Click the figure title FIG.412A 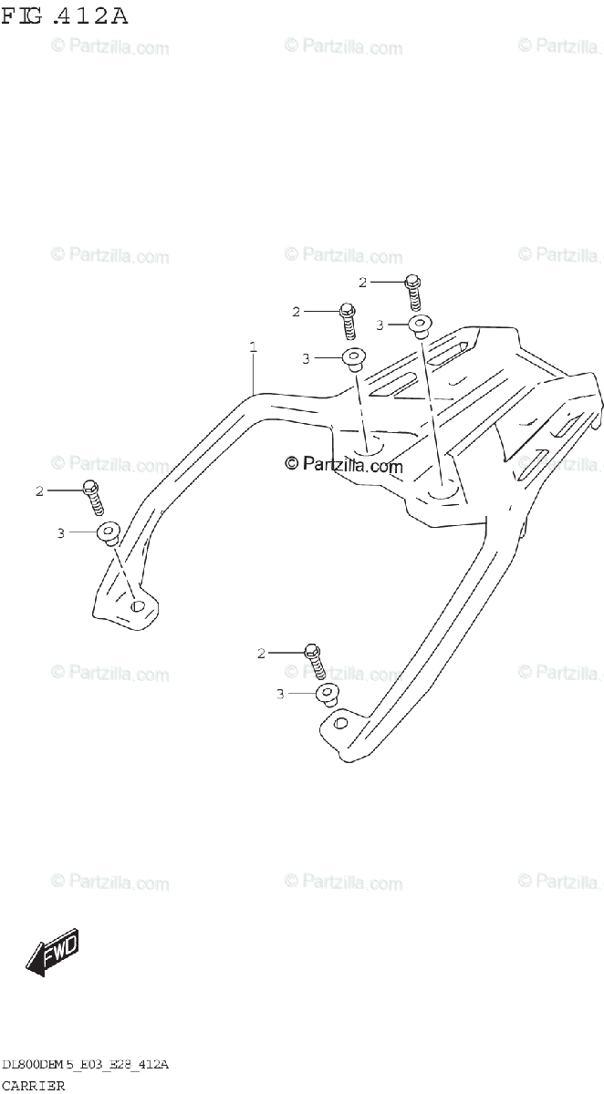pyautogui.click(x=65, y=16)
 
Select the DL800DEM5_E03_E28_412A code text pyautogui.click(x=86, y=1065)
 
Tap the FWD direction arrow pyautogui.click(x=53, y=953)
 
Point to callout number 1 pyautogui.click(x=253, y=347)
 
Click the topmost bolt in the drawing pyautogui.click(x=412, y=290)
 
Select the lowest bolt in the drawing pyautogui.click(x=315, y=659)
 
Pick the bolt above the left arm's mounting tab pyautogui.click(x=93, y=495)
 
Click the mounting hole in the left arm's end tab pyautogui.click(x=139, y=604)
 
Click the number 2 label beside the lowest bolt pyautogui.click(x=261, y=654)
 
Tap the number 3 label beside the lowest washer pyautogui.click(x=281, y=695)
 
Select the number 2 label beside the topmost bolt pyautogui.click(x=362, y=283)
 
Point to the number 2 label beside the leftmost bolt pyautogui.click(x=39, y=491)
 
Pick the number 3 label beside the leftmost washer pyautogui.click(x=60, y=532)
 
